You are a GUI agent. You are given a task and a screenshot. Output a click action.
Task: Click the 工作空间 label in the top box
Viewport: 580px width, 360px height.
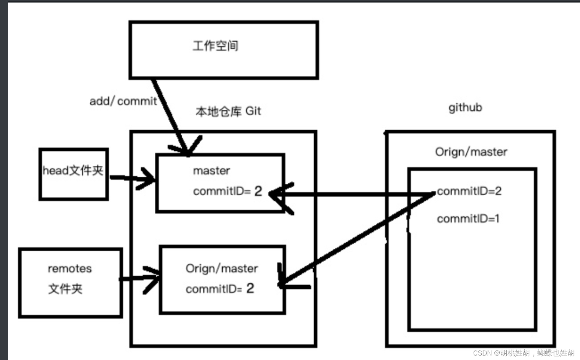point(215,46)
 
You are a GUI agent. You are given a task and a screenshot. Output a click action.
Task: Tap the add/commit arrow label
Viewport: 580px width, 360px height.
point(123,101)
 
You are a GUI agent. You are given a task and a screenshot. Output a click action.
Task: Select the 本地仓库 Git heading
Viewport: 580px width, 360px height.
point(228,111)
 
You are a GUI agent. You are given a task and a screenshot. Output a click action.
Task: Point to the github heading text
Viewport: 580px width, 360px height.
point(465,108)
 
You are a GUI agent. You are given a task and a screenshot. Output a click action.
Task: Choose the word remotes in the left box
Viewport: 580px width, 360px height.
point(70,269)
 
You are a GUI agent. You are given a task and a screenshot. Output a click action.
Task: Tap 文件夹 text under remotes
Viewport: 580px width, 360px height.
point(65,289)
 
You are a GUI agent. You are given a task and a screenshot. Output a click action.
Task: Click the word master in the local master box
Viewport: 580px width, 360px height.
point(211,171)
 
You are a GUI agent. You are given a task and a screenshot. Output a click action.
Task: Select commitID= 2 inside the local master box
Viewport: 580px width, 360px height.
point(227,191)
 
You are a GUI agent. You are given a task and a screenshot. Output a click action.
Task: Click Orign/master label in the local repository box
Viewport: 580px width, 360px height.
point(222,269)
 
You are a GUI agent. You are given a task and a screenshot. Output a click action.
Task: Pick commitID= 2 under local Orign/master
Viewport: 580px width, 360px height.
point(220,288)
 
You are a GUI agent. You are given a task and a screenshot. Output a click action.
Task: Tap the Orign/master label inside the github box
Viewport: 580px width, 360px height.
point(471,152)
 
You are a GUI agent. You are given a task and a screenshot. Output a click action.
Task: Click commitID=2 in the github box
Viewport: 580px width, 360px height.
point(469,191)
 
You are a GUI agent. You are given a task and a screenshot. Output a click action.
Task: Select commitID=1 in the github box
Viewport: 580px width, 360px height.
point(468,218)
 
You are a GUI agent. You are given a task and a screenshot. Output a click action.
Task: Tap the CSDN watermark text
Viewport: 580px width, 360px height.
point(523,353)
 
